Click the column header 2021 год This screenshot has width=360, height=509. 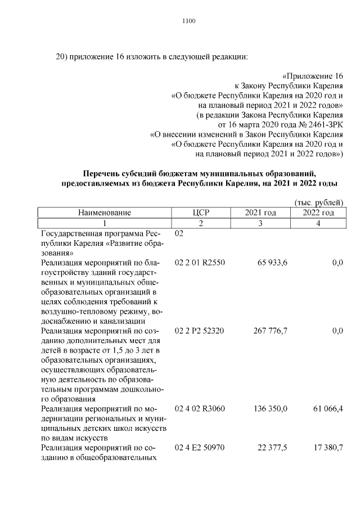(260, 213)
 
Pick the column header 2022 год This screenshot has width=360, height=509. (318, 213)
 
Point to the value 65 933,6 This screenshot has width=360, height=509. (272, 263)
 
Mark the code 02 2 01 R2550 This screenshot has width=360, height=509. (200, 263)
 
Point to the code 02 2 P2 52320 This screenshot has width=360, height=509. (200, 331)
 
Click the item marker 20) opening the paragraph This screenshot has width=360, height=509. (62, 57)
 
